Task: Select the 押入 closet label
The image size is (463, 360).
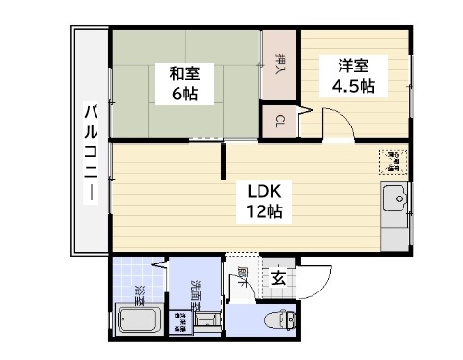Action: [280, 65]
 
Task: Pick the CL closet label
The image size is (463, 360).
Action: [279, 121]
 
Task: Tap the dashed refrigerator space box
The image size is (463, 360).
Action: [394, 160]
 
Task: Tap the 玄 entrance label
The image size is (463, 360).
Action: [278, 279]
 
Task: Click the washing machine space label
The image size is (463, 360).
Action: [180, 321]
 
